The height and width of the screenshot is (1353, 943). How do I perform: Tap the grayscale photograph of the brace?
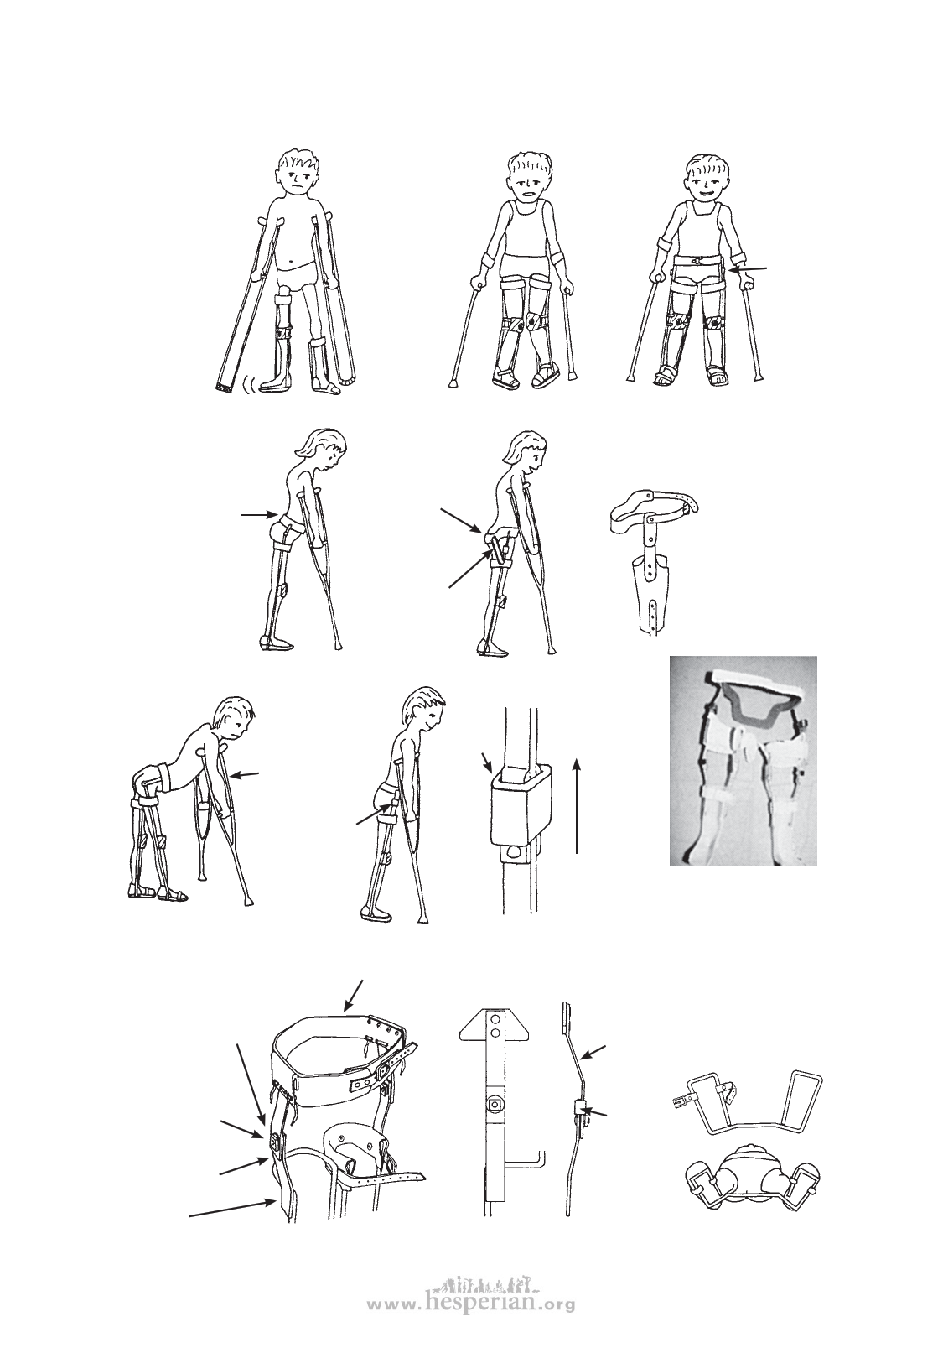point(744,761)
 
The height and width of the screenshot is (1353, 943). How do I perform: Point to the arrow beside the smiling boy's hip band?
point(748,269)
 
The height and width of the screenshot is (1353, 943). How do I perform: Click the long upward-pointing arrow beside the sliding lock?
point(578,806)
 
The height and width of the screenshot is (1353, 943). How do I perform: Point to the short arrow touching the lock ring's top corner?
point(487,762)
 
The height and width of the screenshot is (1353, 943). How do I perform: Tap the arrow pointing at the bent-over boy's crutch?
point(246,773)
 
